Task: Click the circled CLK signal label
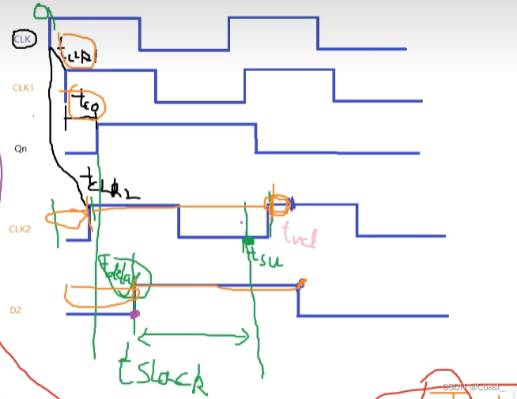22,38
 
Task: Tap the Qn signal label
21,147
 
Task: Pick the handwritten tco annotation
85,102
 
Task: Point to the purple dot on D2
134,314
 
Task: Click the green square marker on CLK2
247,241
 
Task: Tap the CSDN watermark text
474,386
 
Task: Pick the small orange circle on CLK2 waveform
277,206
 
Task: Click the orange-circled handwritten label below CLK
77,52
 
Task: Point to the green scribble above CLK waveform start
42,11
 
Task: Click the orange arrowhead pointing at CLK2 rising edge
84,211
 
